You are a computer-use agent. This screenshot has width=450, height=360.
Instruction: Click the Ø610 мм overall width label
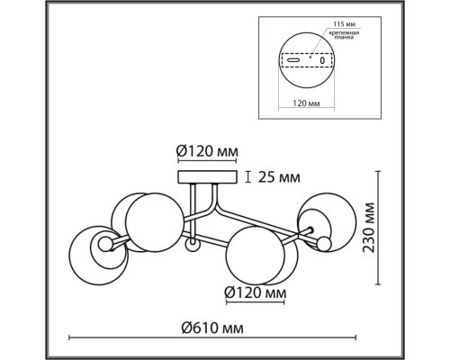pos(212,328)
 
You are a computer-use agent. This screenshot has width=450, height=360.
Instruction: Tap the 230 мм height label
pos(369,228)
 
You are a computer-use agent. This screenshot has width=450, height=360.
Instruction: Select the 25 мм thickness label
pos(279,177)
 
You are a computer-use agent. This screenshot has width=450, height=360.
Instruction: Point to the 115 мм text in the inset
pos(343,24)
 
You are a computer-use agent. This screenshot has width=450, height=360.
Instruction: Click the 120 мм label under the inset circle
pos(306,103)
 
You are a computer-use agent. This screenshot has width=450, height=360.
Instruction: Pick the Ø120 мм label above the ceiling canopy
pos(207,151)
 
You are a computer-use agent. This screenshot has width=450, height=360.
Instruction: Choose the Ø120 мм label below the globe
pos(256,292)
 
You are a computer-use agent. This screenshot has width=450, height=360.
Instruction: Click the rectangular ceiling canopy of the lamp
pos(208,177)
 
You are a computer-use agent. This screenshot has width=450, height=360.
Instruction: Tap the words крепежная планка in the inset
pos(344,35)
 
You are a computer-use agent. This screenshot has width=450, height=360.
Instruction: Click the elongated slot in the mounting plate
pos(293,59)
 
